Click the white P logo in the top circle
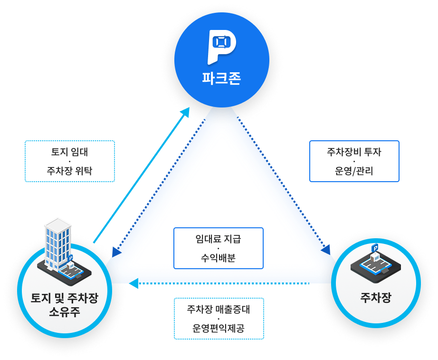point(221,47)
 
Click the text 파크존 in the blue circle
point(221,78)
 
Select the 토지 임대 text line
point(69,152)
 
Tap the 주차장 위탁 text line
point(69,171)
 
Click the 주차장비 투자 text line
point(354,152)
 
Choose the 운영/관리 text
point(354,171)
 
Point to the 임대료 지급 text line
point(218,239)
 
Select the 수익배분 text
point(218,258)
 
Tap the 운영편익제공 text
point(219,328)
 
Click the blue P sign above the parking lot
point(375,248)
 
